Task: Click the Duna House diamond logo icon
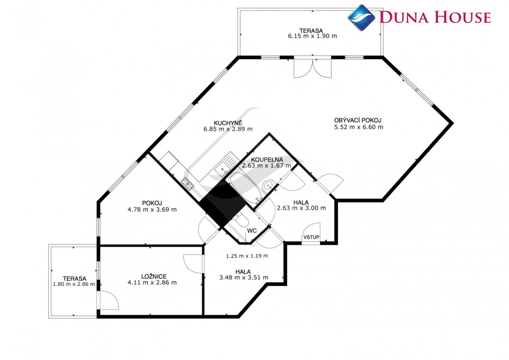point(361,18)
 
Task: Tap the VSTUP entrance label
point(311,237)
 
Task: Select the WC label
point(252,231)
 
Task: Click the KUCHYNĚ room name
point(228,123)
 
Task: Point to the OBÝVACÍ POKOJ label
point(358,120)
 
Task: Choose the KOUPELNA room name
point(267,159)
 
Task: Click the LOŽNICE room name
point(154,276)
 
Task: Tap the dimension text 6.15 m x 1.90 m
point(312,36)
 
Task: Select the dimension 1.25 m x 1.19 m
point(247,256)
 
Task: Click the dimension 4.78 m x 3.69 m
point(152,209)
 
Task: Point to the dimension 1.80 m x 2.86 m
point(74,284)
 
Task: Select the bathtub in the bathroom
point(246,188)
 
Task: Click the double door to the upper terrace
point(313,68)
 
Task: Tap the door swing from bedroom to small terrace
point(109,300)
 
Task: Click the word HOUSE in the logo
point(462,17)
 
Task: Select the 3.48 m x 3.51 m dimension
point(243,277)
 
